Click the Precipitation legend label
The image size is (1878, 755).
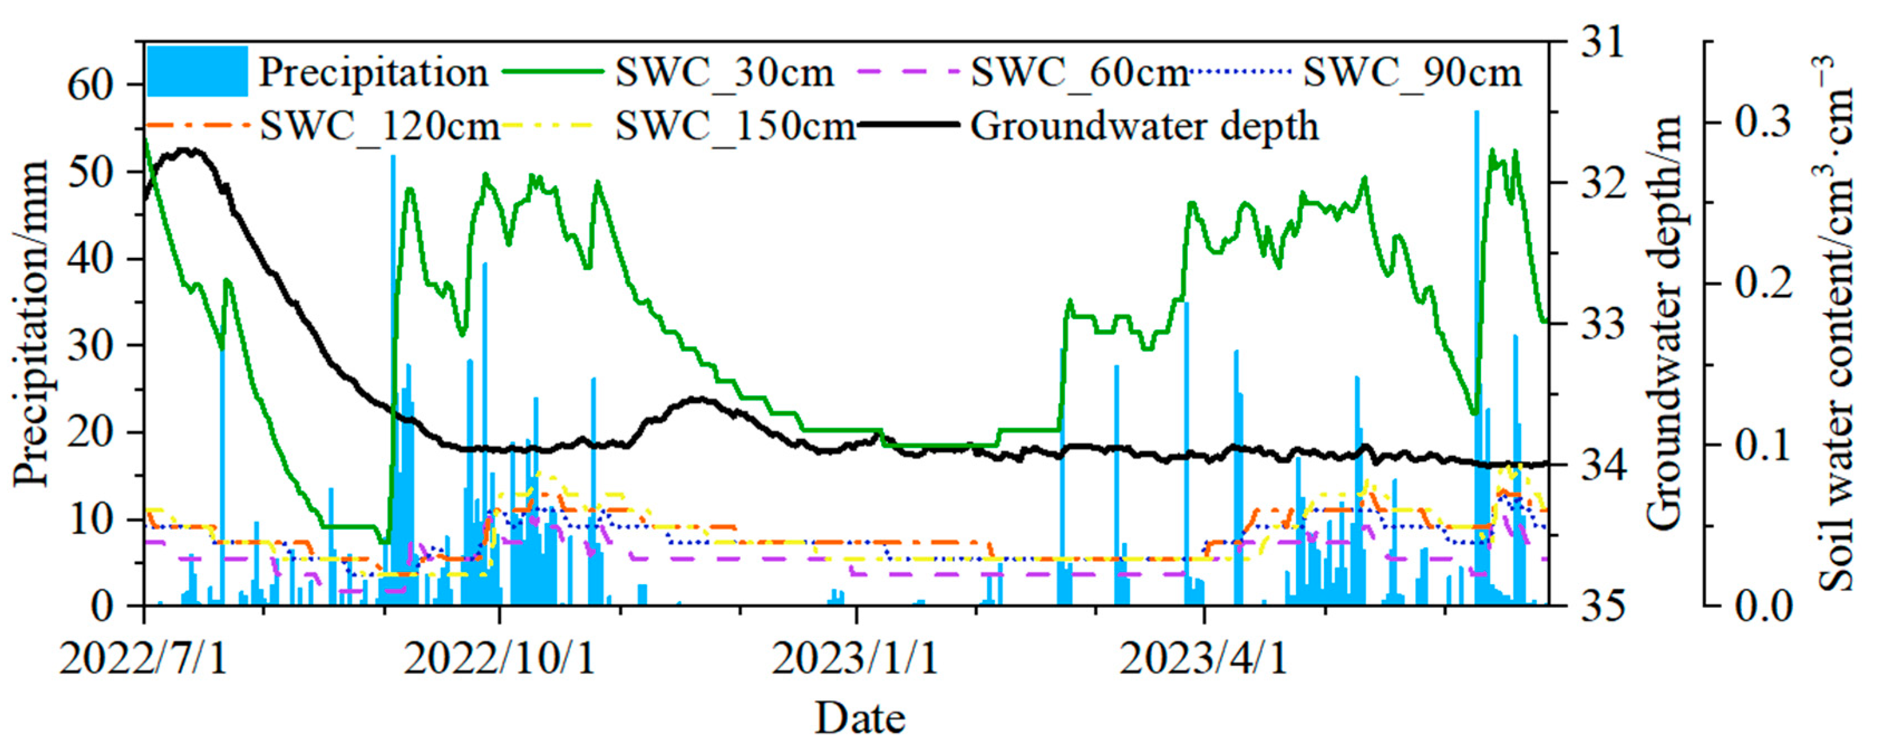coord(373,73)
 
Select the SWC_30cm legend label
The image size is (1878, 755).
coord(724,73)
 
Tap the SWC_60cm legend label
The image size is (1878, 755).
coord(1080,73)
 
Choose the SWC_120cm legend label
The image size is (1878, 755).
coord(380,127)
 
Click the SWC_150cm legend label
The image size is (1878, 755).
coord(735,127)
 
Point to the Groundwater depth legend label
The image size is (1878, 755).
coord(1144,127)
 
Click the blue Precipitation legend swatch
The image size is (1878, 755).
coord(197,71)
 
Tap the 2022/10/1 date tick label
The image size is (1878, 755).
coord(499,658)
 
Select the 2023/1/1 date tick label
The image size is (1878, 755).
coord(855,658)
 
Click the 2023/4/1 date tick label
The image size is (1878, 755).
coord(1204,658)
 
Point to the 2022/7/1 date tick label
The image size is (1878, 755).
coord(144,658)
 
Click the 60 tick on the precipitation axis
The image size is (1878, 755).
coord(91,86)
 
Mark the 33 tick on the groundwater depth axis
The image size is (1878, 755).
coord(1602,323)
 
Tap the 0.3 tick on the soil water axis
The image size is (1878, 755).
coord(1763,122)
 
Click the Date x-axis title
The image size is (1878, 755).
coord(860,719)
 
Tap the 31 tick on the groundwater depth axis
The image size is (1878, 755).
coord(1602,42)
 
